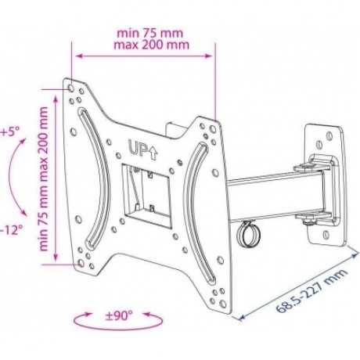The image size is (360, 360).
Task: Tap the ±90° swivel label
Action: point(119,316)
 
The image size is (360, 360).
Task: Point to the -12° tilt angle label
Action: point(11,230)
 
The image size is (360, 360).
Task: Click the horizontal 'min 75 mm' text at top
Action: point(150,33)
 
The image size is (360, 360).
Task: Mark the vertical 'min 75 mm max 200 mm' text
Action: point(44,178)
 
